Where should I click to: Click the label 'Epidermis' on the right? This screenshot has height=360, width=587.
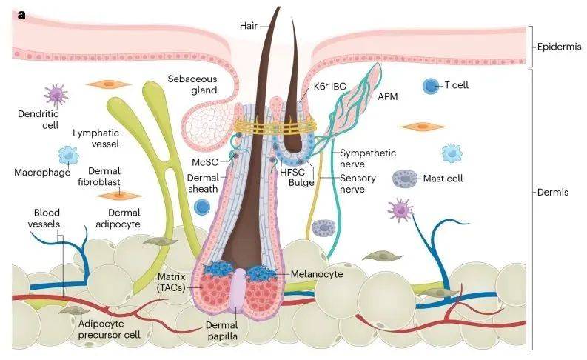[x=558, y=46]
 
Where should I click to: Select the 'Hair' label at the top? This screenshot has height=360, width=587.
[x=248, y=26]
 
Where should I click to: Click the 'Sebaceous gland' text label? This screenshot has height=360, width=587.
[x=192, y=84]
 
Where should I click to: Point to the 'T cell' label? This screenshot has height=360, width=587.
[x=456, y=85]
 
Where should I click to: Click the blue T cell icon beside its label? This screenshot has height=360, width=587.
[x=430, y=86]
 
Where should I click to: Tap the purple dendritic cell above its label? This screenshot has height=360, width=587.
[x=56, y=93]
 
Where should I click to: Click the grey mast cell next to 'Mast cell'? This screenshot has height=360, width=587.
[x=404, y=179]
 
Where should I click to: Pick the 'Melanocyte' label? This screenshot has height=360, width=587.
[x=312, y=274]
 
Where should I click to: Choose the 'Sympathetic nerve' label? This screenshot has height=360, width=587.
[x=367, y=158]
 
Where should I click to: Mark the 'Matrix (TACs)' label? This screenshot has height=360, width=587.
[x=175, y=281]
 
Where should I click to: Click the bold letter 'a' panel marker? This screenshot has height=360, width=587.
[x=22, y=14]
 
